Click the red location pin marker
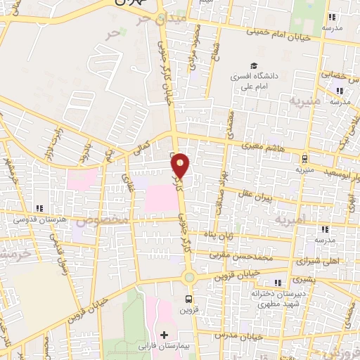click(181, 165)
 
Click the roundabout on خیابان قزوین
click(189, 277)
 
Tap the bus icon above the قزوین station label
click(198, 297)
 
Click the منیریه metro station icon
click(304, 158)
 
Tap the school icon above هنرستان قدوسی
click(40, 208)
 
